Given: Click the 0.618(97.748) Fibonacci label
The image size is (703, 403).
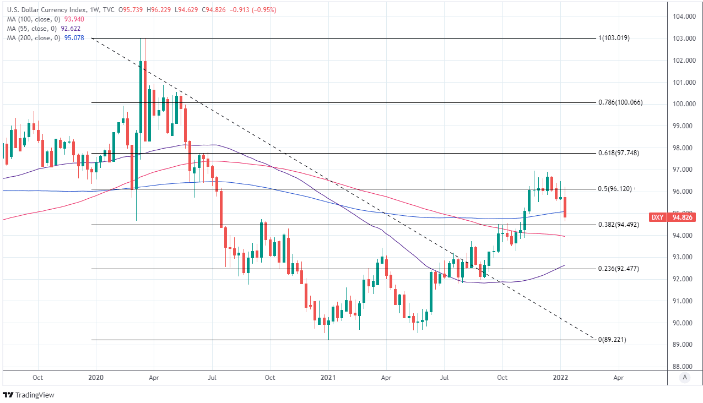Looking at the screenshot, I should click(x=618, y=153).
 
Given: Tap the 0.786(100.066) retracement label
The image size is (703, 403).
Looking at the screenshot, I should click(x=620, y=103).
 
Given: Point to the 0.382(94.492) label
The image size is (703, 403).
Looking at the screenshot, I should click(x=618, y=225).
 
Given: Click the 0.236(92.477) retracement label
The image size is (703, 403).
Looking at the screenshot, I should click(x=618, y=269).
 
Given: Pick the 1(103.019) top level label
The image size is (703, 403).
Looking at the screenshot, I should click(x=614, y=39).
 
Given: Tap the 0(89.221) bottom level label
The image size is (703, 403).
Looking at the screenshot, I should click(x=612, y=340).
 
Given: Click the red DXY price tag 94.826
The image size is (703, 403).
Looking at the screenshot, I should click(x=683, y=217).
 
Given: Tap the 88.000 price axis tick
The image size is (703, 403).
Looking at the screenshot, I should click(x=681, y=367).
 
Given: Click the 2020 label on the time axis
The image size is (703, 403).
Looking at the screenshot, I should click(x=96, y=378).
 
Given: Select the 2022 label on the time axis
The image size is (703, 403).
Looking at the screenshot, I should click(x=561, y=378).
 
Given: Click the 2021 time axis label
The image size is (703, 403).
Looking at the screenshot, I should click(x=328, y=378).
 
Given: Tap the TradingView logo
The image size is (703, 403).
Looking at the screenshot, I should click(x=29, y=395).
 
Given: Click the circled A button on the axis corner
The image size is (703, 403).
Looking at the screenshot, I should click(x=685, y=378).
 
